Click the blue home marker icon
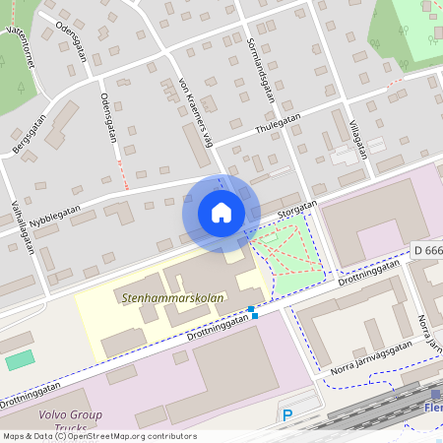tap(221, 213)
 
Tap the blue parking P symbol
tap(287, 415)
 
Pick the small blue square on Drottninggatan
tap(254, 315)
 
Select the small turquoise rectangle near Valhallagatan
tap(19, 360)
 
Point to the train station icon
tap(435, 394)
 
